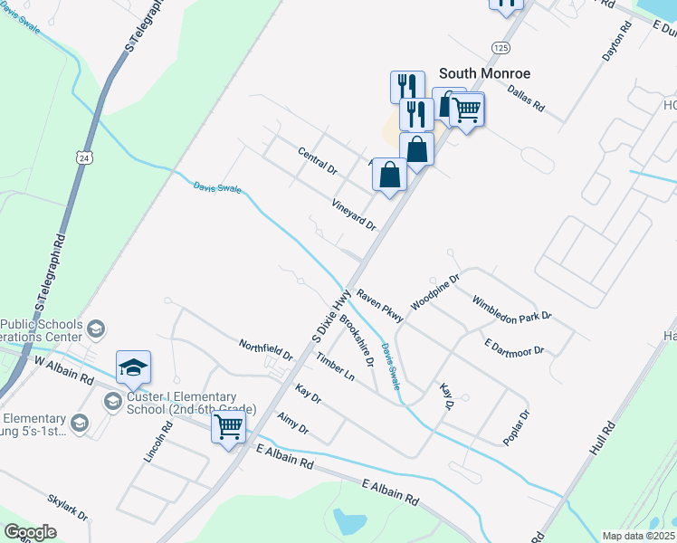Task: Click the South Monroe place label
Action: click(x=484, y=72)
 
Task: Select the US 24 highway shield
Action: click(x=84, y=157)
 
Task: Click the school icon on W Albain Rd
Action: click(x=133, y=367)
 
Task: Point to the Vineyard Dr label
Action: click(x=354, y=215)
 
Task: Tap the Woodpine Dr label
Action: click(x=436, y=291)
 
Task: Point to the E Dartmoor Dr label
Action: click(x=514, y=347)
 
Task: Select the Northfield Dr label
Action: click(x=265, y=349)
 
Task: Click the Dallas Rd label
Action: click(x=526, y=99)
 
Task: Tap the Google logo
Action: click(x=31, y=532)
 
